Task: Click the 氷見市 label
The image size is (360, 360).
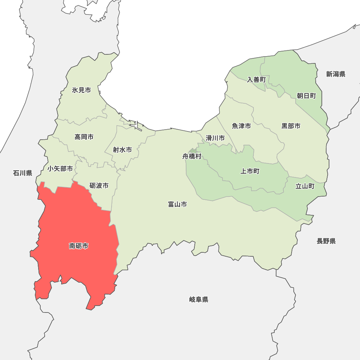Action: point(81,90)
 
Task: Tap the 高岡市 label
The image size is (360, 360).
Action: point(84,137)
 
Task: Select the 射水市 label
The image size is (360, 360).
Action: point(122,150)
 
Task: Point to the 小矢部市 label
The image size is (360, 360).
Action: point(60,168)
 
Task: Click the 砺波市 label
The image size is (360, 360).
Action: point(99,186)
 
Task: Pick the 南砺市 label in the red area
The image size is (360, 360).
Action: point(78,246)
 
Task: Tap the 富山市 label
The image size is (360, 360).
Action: point(177,204)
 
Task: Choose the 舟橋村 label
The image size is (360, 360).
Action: point(192,157)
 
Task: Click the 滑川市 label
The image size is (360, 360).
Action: point(215,138)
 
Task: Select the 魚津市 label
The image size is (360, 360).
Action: point(241,126)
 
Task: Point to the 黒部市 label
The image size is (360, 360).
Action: point(291,126)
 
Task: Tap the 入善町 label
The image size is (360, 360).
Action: point(256,80)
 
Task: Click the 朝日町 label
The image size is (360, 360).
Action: point(306,96)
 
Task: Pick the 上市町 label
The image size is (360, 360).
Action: point(250,171)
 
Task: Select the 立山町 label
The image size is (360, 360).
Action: point(305,186)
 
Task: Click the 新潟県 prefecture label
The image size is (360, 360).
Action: point(336,74)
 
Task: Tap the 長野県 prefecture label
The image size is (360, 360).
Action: point(326,241)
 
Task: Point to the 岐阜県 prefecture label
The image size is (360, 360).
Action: point(198,300)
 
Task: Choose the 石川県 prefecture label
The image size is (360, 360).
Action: point(23,173)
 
